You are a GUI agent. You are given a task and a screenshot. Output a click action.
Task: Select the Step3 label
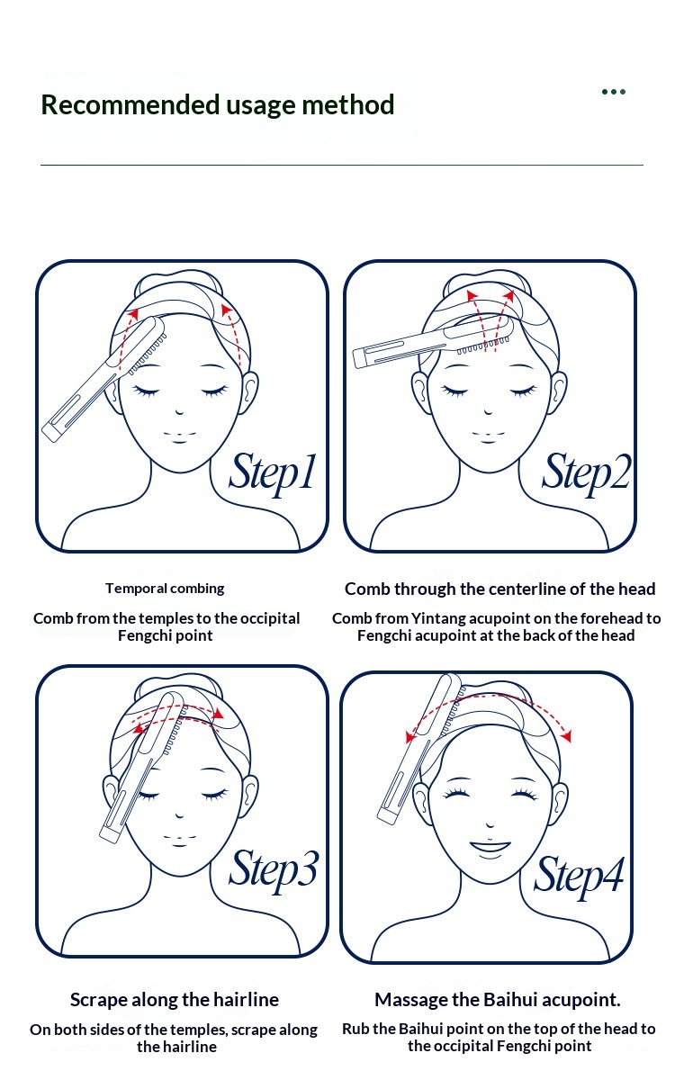point(274,870)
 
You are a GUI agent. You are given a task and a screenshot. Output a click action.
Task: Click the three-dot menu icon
point(613,92)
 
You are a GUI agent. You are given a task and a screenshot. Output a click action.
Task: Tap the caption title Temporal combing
point(165,589)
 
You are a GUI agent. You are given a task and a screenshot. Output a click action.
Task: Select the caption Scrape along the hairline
point(175,1000)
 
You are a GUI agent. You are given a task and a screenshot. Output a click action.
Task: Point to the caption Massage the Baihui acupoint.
point(498,1000)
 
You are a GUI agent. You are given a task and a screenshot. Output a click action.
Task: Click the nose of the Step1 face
point(180,412)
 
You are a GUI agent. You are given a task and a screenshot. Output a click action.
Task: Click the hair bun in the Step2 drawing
point(487,283)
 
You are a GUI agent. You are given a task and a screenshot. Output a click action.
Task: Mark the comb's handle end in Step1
point(50,433)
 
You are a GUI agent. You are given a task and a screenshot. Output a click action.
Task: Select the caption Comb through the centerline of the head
point(499,589)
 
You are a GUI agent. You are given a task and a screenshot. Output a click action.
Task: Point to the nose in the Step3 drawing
point(179,814)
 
